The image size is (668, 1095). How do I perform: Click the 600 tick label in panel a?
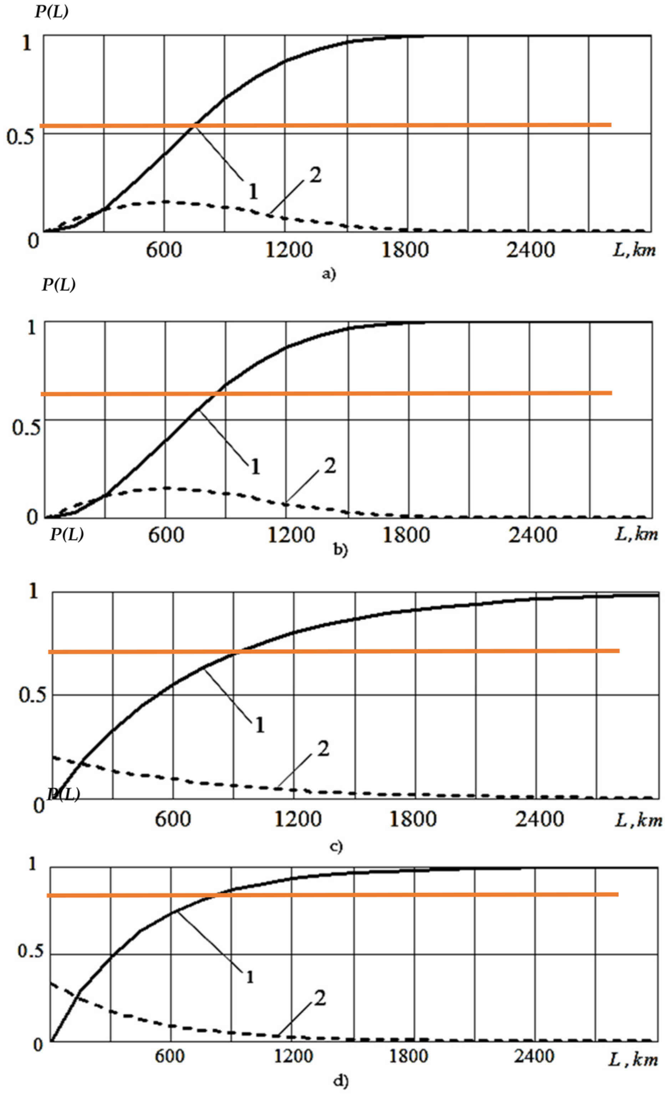coord(164,250)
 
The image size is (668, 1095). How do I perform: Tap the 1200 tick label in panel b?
coord(291,535)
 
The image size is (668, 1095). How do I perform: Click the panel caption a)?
coord(329,274)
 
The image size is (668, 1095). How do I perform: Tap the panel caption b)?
coord(341,550)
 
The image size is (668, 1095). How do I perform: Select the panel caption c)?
coord(337,847)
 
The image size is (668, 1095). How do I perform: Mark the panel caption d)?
coord(341,1081)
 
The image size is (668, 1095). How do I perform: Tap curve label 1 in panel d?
coord(250,977)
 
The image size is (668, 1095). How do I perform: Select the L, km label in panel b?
coord(636,534)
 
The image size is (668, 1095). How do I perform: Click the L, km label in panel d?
coord(632,1060)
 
